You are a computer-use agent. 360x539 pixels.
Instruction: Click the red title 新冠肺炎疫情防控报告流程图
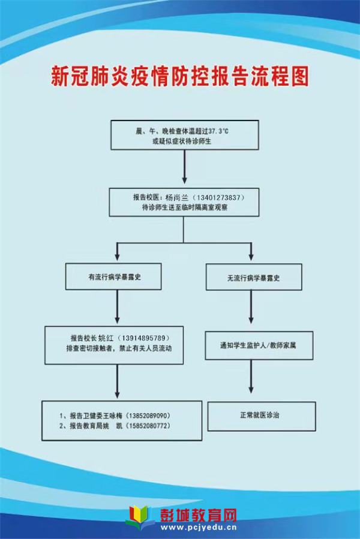coord(179,76)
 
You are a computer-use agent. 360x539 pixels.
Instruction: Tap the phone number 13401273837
coord(218,198)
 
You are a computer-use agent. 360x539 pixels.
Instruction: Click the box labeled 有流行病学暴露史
coord(113,277)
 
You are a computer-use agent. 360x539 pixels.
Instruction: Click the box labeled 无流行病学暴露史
coord(254,278)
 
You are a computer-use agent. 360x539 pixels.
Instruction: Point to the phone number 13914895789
coord(143,338)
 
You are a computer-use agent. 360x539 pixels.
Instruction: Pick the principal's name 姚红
coord(106,338)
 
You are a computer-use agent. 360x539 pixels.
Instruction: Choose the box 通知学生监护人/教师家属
coord(259,345)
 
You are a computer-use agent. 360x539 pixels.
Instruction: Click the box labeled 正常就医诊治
coord(262,416)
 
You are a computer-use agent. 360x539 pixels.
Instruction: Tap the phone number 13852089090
coord(149,415)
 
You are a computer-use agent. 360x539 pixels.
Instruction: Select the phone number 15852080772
coord(149,426)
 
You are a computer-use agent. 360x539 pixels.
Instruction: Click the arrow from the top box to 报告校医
coord(184,167)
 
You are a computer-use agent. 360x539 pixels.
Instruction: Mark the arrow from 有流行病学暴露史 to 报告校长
coord(118,306)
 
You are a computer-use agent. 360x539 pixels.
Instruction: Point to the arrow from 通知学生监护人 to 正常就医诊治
coord(251,377)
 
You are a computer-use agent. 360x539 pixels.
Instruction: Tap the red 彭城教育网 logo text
coord(199,515)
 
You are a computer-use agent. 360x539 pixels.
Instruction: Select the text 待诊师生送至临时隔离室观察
coord(185,207)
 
